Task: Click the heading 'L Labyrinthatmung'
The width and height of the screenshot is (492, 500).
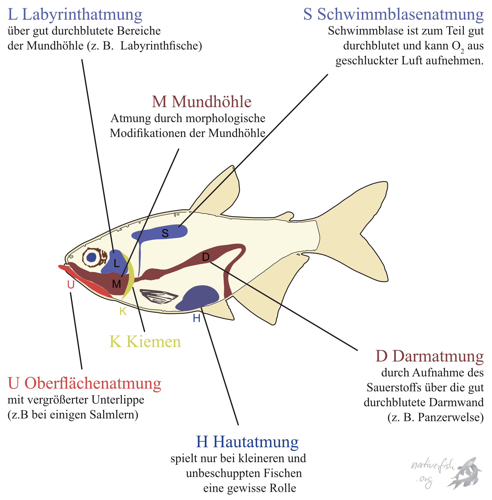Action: click(x=75, y=15)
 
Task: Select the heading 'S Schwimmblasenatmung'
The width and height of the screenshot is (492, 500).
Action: click(x=393, y=15)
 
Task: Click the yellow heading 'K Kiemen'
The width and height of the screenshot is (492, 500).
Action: click(x=145, y=342)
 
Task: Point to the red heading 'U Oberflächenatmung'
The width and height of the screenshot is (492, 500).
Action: click(x=84, y=383)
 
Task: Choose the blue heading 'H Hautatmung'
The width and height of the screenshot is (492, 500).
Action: click(x=247, y=442)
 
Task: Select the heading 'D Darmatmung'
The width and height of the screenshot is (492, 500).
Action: click(x=429, y=357)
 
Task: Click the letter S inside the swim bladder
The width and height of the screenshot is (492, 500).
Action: click(x=165, y=234)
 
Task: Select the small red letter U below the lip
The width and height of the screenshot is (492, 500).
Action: click(x=71, y=285)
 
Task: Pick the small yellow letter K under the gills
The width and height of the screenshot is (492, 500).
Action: click(x=123, y=311)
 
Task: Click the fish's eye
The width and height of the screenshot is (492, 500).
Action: click(x=91, y=257)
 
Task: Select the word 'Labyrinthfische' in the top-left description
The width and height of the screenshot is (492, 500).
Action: click(x=161, y=46)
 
